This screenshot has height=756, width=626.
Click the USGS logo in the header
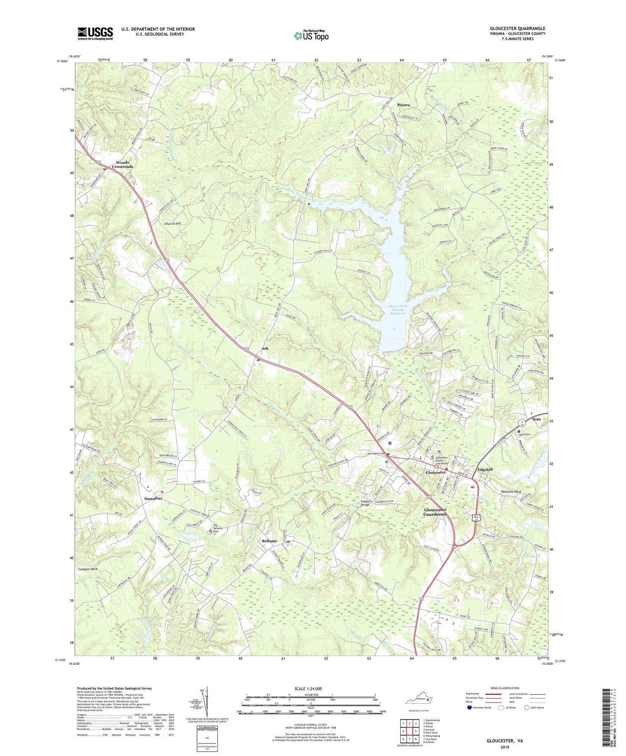pos(95,33)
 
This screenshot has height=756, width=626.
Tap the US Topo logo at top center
pos(311,36)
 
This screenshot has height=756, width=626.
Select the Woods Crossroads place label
pos(123,165)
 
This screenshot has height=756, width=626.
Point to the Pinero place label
pos(403,105)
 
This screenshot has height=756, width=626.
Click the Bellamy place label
pos(269,541)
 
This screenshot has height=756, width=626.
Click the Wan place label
pos(536,419)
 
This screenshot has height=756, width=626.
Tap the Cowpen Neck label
pos(91,569)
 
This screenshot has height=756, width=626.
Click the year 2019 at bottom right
pos(505,747)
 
